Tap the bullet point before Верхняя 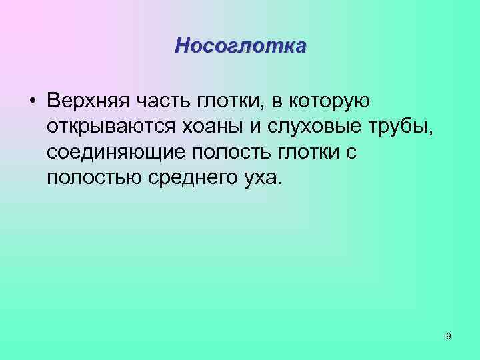click(x=32, y=101)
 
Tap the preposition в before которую click(x=275, y=101)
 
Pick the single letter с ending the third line click(x=353, y=153)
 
